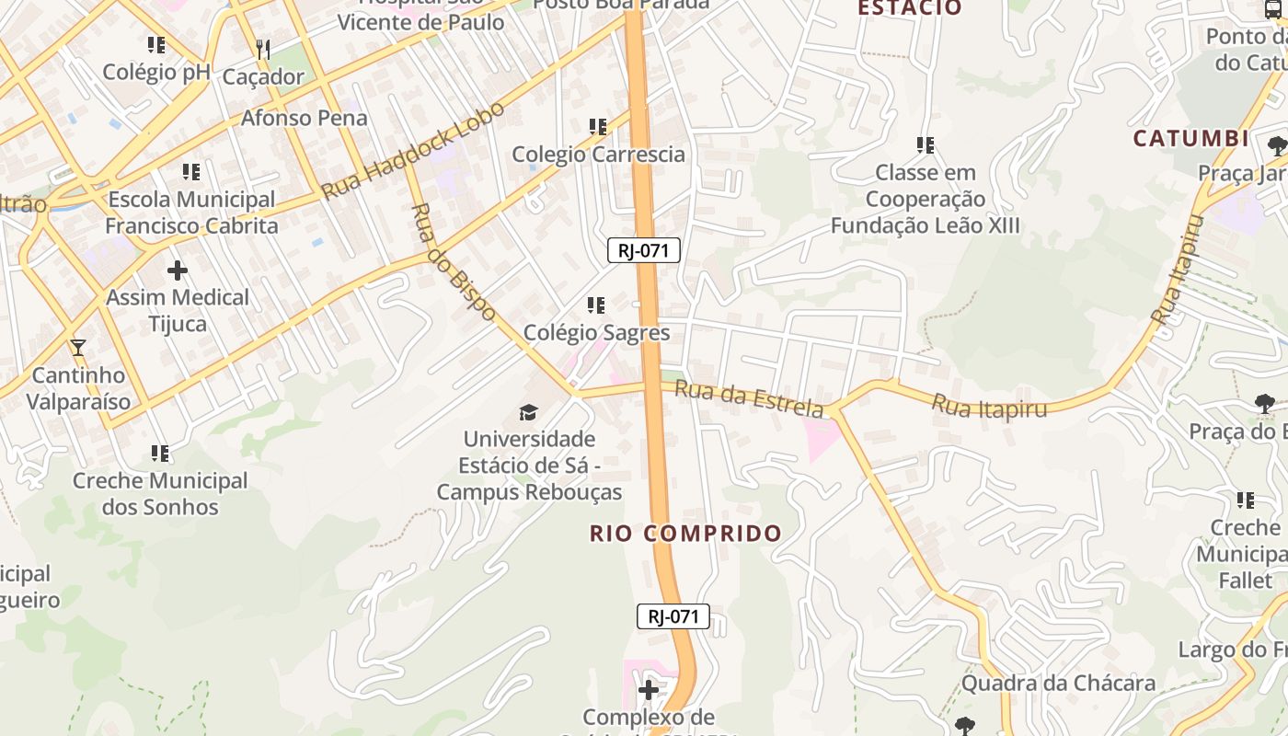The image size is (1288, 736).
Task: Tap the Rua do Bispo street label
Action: tap(453, 262)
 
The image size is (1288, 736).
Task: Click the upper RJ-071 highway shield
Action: tap(644, 250)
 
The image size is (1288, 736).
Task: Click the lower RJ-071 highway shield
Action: tap(673, 616)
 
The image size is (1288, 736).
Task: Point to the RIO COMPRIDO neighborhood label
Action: tap(685, 534)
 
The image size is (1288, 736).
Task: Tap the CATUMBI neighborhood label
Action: tap(1190, 139)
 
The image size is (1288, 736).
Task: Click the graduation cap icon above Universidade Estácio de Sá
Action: tap(528, 411)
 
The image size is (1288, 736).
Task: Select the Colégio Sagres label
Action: tap(596, 332)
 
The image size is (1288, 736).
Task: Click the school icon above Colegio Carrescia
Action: tap(598, 126)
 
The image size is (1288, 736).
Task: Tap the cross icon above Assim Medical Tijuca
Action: tap(178, 270)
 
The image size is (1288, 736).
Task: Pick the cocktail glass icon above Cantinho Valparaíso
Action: tap(78, 348)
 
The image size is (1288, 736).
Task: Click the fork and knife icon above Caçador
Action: tap(263, 49)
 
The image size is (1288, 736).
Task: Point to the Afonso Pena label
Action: tap(304, 118)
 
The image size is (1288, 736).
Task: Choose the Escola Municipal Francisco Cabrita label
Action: tap(191, 213)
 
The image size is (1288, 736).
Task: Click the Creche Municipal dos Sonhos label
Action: tap(160, 493)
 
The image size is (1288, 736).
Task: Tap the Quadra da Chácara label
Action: tap(1058, 683)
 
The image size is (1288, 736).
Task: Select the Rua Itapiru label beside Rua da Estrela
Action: tap(989, 406)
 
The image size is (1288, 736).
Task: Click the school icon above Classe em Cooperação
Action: tap(926, 144)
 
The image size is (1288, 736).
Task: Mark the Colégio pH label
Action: tap(156, 72)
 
